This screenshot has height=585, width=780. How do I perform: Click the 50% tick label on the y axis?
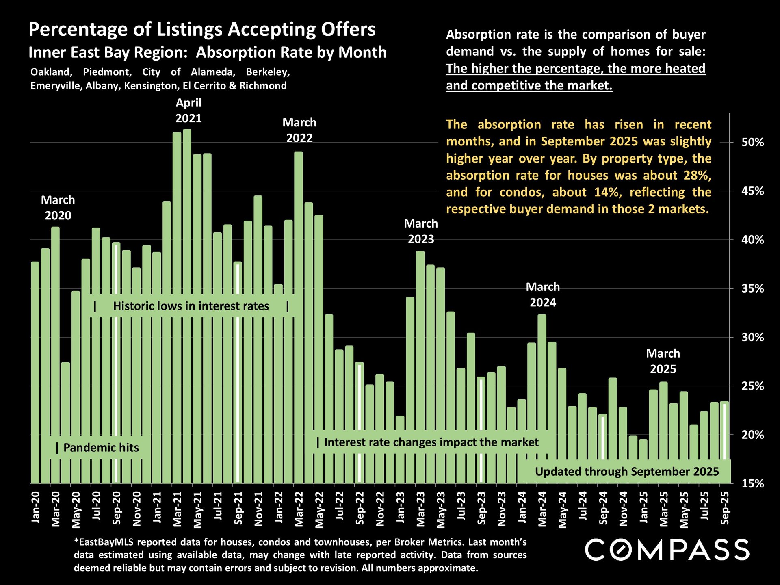tap(752, 143)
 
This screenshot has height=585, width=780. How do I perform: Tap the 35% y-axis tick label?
tap(752, 289)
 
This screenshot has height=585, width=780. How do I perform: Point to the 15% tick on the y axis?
tap(752, 484)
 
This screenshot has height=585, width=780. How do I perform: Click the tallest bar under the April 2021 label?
tap(187, 305)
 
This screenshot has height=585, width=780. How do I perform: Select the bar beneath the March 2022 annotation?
tap(299, 317)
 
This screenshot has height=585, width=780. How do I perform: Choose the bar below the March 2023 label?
tap(420, 366)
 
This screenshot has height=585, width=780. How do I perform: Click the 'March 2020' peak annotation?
tap(58, 208)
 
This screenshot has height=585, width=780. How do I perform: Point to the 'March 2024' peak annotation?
tap(543, 295)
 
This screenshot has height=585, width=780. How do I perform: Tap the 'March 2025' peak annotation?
tap(663, 361)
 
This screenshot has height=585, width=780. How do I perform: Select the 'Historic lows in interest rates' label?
tap(191, 306)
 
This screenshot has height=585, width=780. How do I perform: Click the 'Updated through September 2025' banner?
tap(626, 472)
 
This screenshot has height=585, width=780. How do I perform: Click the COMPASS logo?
tap(667, 550)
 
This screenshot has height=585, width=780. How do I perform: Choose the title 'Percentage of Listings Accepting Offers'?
tap(202, 30)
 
